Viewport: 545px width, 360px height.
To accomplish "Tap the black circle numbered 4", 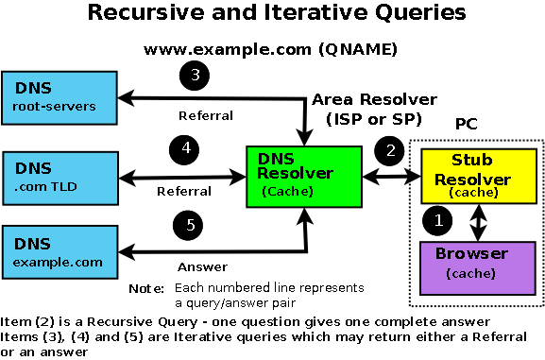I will tap(186, 149).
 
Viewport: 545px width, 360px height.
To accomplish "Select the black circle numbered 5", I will tap(190, 225).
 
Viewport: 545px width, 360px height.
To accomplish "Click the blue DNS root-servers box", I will tap(59, 97).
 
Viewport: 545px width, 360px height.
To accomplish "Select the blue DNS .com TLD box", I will tap(59, 176).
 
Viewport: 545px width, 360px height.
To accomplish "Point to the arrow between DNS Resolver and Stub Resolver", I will tap(386, 175).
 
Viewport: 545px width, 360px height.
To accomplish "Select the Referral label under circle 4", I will tap(183, 191).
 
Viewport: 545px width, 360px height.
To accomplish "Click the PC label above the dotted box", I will tap(466, 125).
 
